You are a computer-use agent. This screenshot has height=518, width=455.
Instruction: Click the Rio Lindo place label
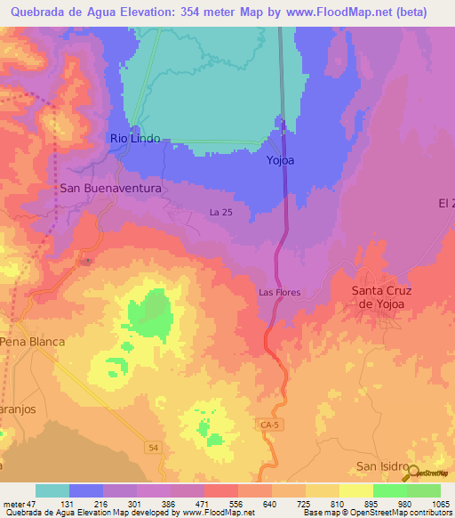pyautogui.click(x=135, y=139)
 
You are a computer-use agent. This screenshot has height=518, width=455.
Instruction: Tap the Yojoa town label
pyautogui.click(x=281, y=161)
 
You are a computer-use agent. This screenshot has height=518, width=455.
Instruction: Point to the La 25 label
pyautogui.click(x=220, y=212)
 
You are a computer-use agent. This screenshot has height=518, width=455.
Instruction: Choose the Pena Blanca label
pyautogui.click(x=33, y=342)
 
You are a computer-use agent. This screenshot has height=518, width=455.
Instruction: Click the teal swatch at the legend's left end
pyautogui.click(x=52, y=490)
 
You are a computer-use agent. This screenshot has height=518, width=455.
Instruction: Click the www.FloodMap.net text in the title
pyautogui.click(x=339, y=12)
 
